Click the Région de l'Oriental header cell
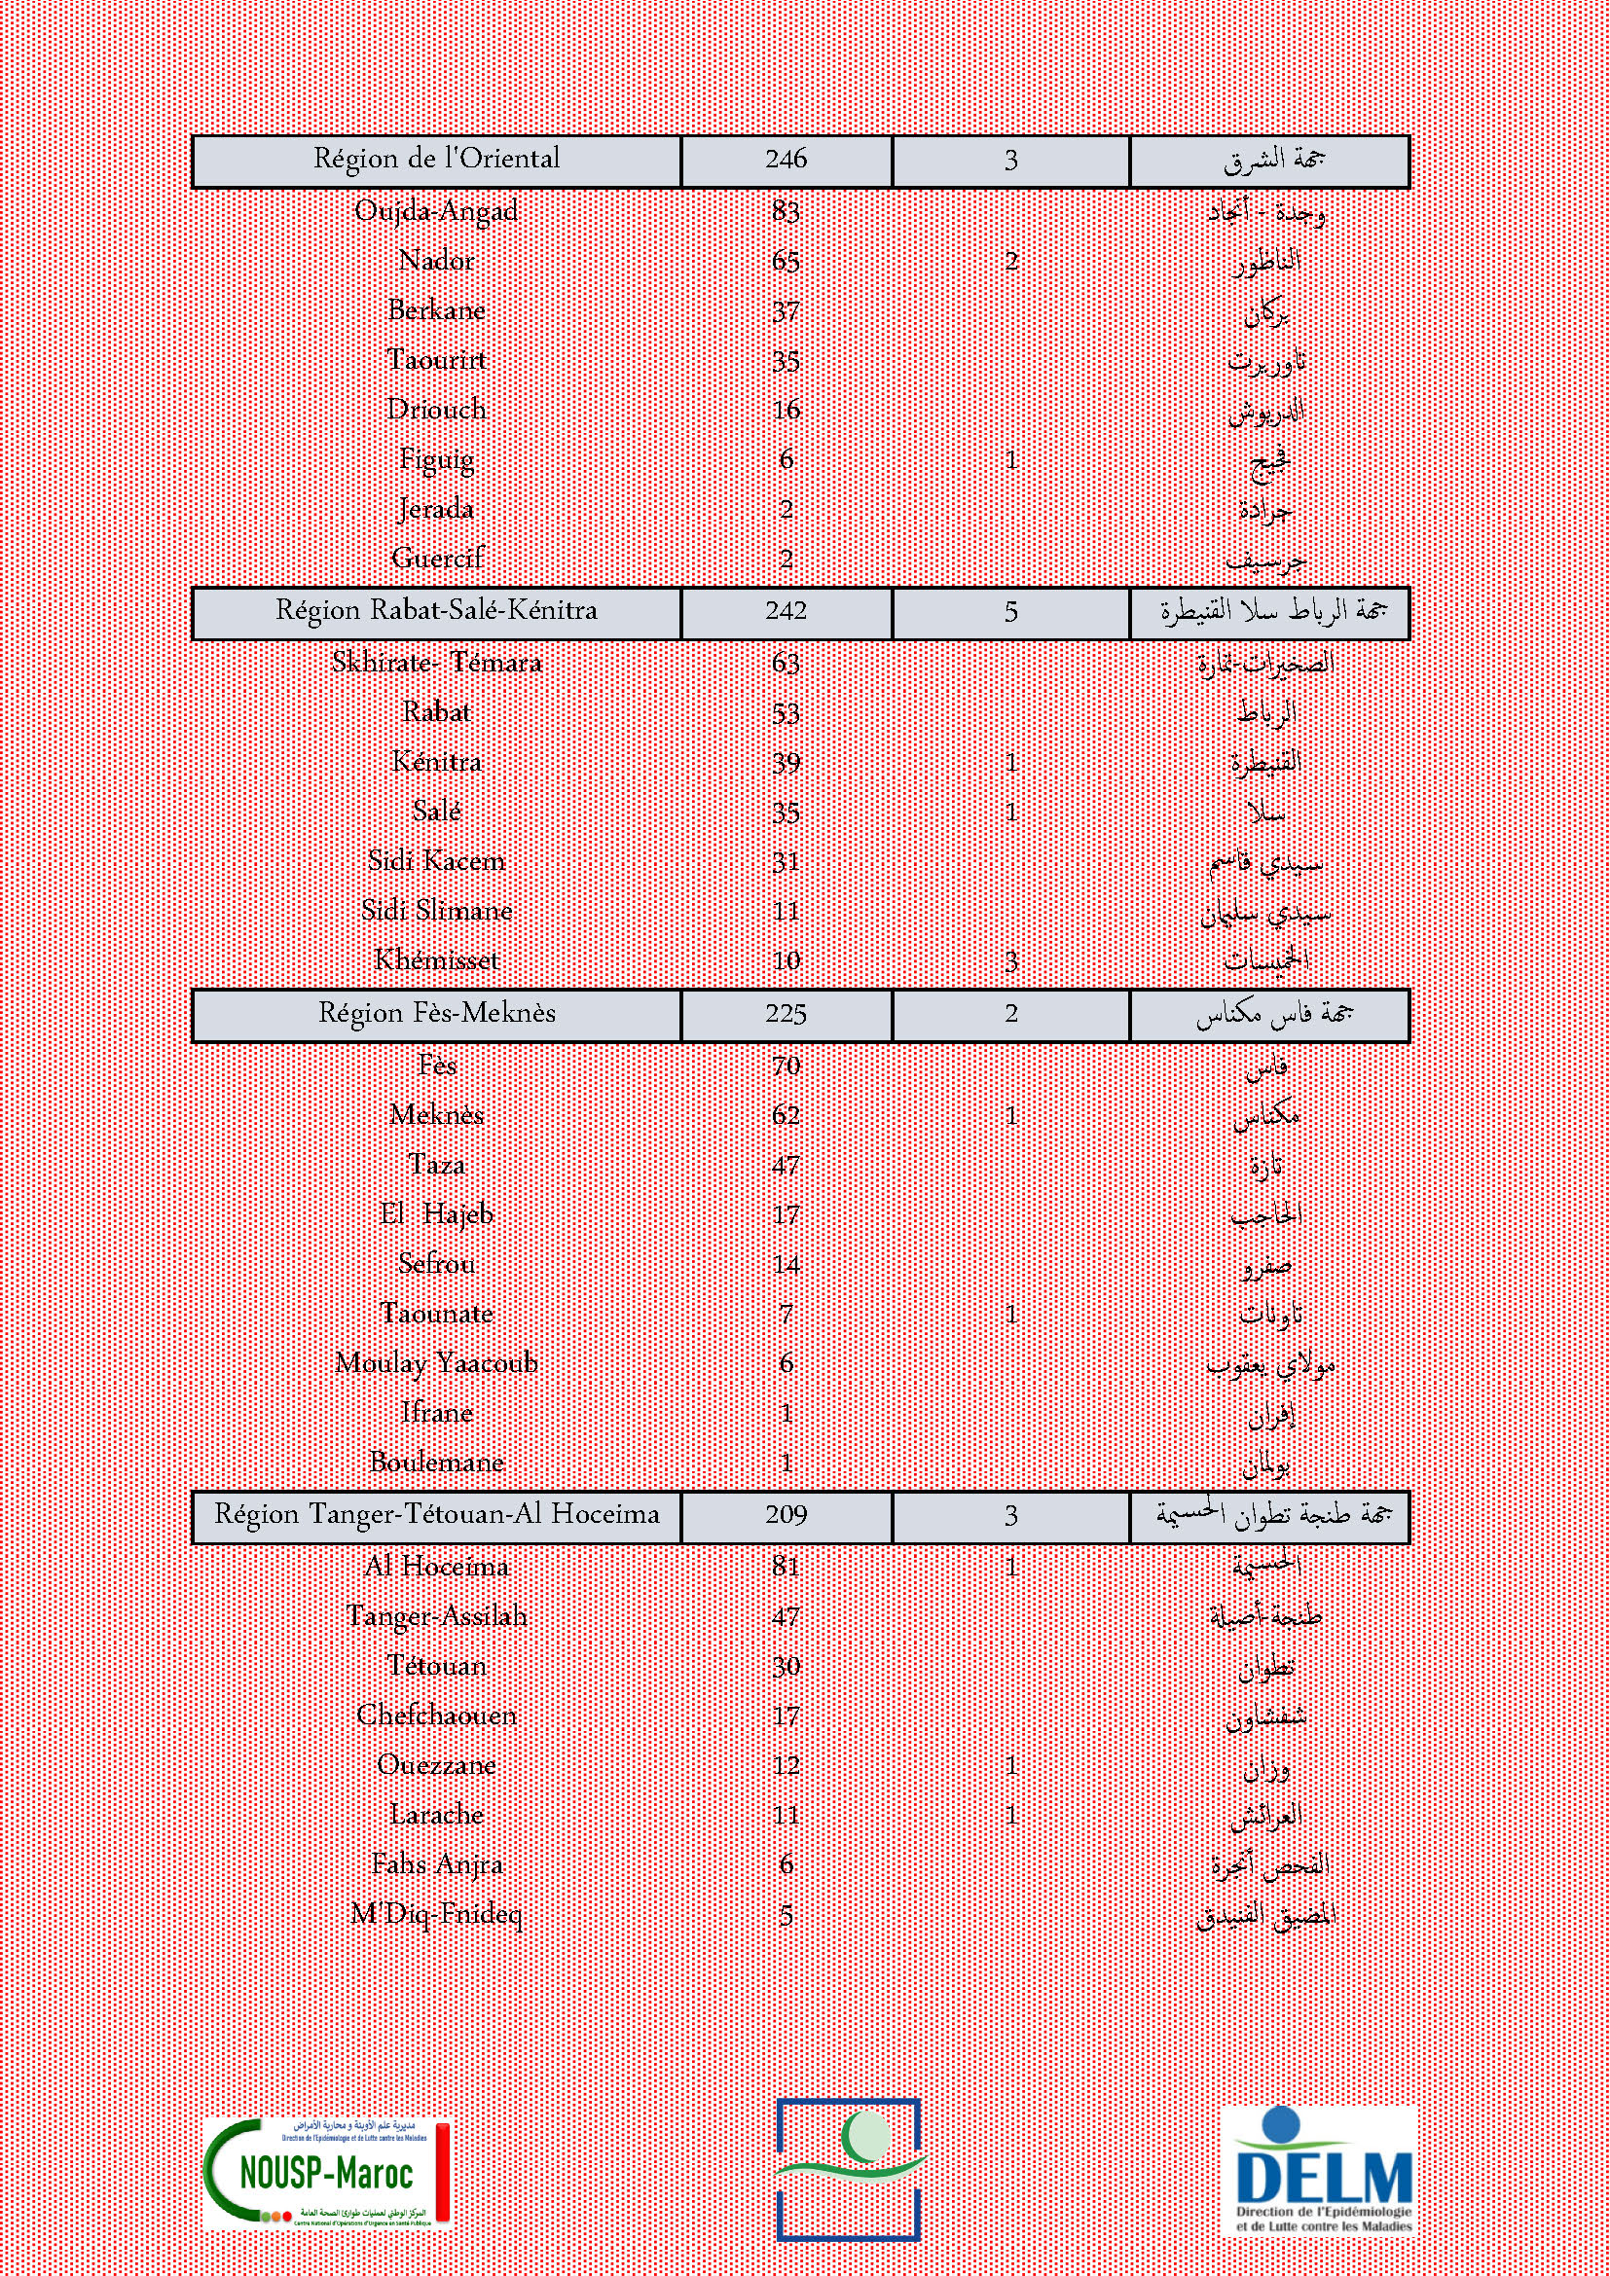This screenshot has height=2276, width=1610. (x=436, y=160)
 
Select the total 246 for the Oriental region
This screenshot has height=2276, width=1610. (x=787, y=160)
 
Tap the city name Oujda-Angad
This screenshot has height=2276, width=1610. (x=436, y=211)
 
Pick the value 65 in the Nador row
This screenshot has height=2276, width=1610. (x=787, y=262)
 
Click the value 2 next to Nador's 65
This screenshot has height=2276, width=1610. (x=1010, y=262)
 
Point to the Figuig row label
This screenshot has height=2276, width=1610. (x=436, y=460)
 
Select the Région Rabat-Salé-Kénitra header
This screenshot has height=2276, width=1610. (x=436, y=611)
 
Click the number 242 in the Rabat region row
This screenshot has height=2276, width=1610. (x=787, y=612)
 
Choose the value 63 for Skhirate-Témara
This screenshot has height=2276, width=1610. (x=787, y=663)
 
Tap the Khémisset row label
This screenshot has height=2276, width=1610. (x=436, y=960)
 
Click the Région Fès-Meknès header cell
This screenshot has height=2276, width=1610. (x=436, y=1013)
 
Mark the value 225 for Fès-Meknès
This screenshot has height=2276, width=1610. (x=787, y=1014)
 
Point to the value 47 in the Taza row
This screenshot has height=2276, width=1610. (x=787, y=1165)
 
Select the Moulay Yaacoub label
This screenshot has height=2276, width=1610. (x=436, y=1363)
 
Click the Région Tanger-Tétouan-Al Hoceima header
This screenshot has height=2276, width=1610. (x=436, y=1515)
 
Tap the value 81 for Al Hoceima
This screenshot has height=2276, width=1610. (x=787, y=1568)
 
